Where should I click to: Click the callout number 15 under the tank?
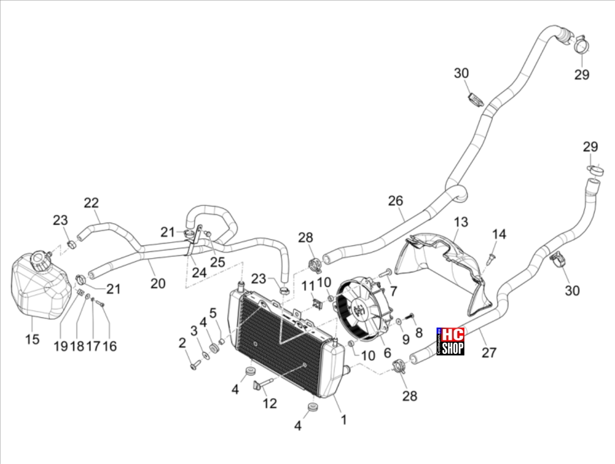coord(32,339)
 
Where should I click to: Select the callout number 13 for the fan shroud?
coord(461,222)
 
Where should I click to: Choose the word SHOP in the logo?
coord(453,348)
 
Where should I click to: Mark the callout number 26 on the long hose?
coord(395,201)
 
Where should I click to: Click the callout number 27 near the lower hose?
coord(489,353)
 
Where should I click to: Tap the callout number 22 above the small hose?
coord(91,203)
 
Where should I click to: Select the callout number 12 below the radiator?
coord(270,403)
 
